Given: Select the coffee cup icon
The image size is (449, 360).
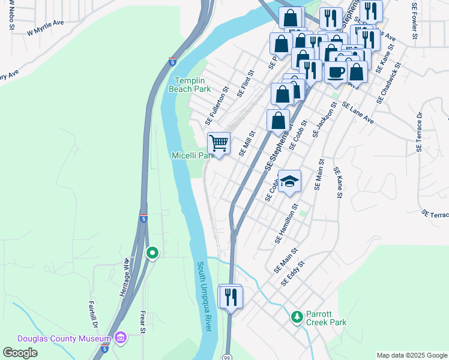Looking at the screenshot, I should pos(336,71).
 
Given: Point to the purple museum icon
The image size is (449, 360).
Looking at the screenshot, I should pos(121,339).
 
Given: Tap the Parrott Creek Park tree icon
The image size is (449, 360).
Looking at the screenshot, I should pos(296,316).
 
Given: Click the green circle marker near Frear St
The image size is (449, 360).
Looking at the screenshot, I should pos(152,253).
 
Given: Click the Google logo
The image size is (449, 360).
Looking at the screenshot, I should pos(20,353).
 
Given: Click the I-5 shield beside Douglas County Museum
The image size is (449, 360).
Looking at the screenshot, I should pos(104,349).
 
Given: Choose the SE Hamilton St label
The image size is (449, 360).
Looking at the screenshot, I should pos(286,223).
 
